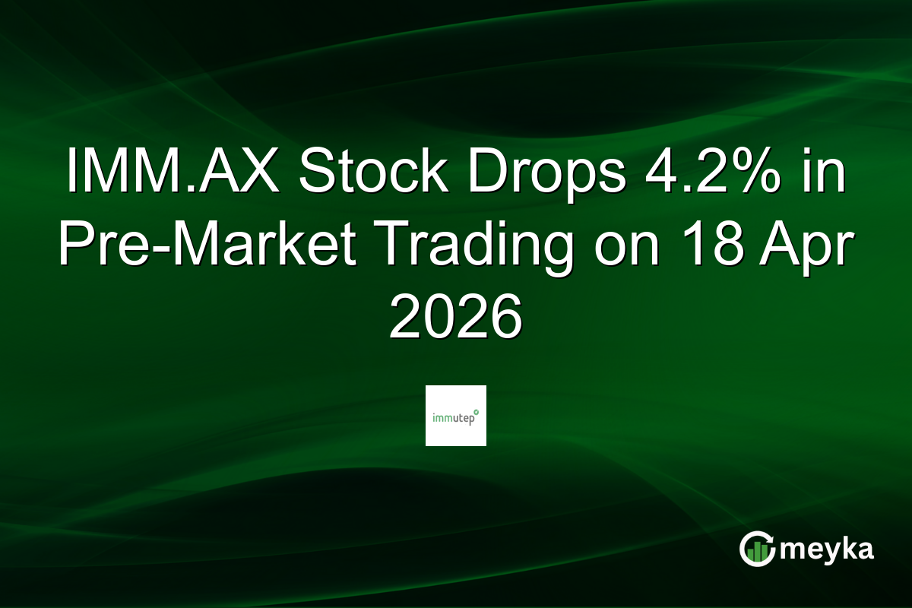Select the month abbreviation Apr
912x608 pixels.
[811, 245]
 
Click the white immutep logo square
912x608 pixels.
[456, 416]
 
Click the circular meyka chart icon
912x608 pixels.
[758, 549]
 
